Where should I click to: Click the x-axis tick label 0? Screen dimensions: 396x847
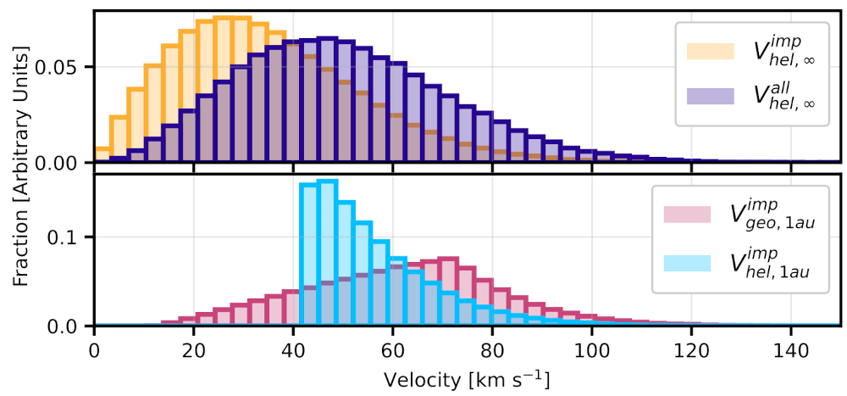94,348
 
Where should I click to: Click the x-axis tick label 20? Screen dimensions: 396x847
194,348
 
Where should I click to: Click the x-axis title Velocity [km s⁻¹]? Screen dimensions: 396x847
467,374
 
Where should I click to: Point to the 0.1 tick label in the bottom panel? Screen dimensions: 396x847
72,237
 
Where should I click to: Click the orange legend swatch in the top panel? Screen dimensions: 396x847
710,50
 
